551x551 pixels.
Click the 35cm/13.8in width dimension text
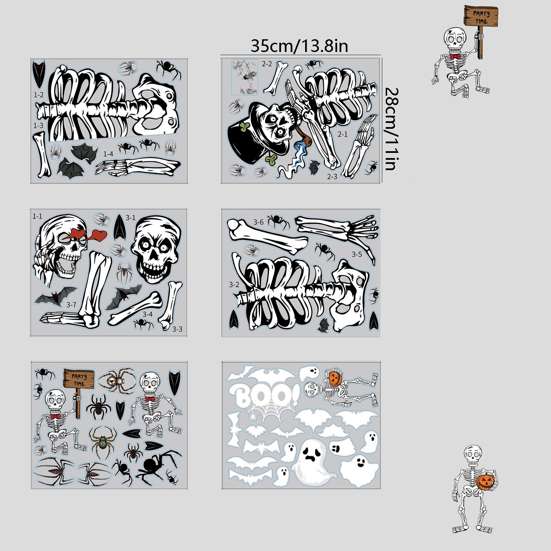(299, 46)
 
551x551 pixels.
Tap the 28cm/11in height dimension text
(392, 129)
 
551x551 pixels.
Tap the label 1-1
(37, 216)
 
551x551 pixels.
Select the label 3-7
(71, 304)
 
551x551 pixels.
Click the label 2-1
(342, 134)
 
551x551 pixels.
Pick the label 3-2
(234, 284)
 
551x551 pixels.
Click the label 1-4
(108, 154)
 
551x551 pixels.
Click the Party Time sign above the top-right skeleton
(481, 16)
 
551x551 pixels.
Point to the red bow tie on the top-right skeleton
(455, 56)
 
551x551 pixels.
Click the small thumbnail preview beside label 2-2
(245, 77)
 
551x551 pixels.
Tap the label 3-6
(259, 222)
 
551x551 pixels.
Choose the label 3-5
(357, 254)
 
